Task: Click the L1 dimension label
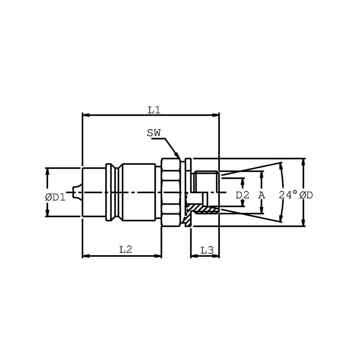(x=154, y=110)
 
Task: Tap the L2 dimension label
(x=126, y=249)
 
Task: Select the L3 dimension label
(x=207, y=250)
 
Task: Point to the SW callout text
(x=154, y=133)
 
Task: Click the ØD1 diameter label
(x=55, y=197)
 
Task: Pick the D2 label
(x=243, y=195)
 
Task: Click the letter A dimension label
(x=262, y=195)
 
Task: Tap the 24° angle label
(x=288, y=195)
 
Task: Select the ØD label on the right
(x=306, y=195)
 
